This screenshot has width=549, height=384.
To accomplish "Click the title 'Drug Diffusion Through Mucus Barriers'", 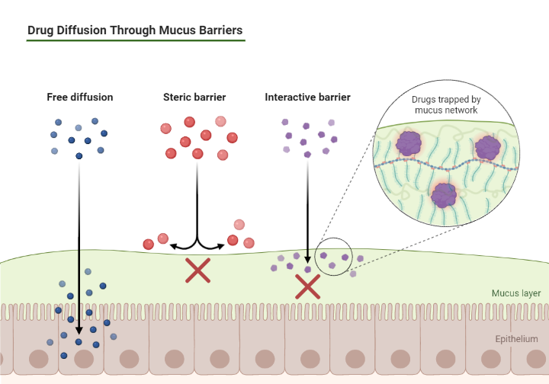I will click(x=135, y=31).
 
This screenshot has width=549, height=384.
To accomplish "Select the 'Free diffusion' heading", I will click(x=79, y=98).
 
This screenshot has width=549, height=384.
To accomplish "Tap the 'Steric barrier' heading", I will click(x=194, y=98).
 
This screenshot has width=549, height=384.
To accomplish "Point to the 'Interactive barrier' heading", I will click(x=307, y=98).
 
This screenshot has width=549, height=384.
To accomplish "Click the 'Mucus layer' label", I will click(x=515, y=293).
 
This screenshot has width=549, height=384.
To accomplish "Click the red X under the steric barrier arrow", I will click(x=198, y=271).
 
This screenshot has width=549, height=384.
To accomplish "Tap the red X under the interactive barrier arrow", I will click(x=307, y=286).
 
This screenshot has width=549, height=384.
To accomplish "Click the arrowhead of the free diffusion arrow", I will click(x=79, y=333).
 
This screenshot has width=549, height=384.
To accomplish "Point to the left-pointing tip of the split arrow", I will click(x=172, y=246).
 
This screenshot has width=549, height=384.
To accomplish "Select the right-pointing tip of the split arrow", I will click(x=224, y=246).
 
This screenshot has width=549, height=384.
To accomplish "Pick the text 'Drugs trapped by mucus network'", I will click(x=445, y=105).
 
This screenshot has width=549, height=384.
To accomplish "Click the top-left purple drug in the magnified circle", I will click(x=410, y=142).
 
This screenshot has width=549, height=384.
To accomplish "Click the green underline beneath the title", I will click(x=135, y=40).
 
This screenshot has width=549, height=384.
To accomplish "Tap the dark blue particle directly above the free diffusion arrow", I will click(x=79, y=156).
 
